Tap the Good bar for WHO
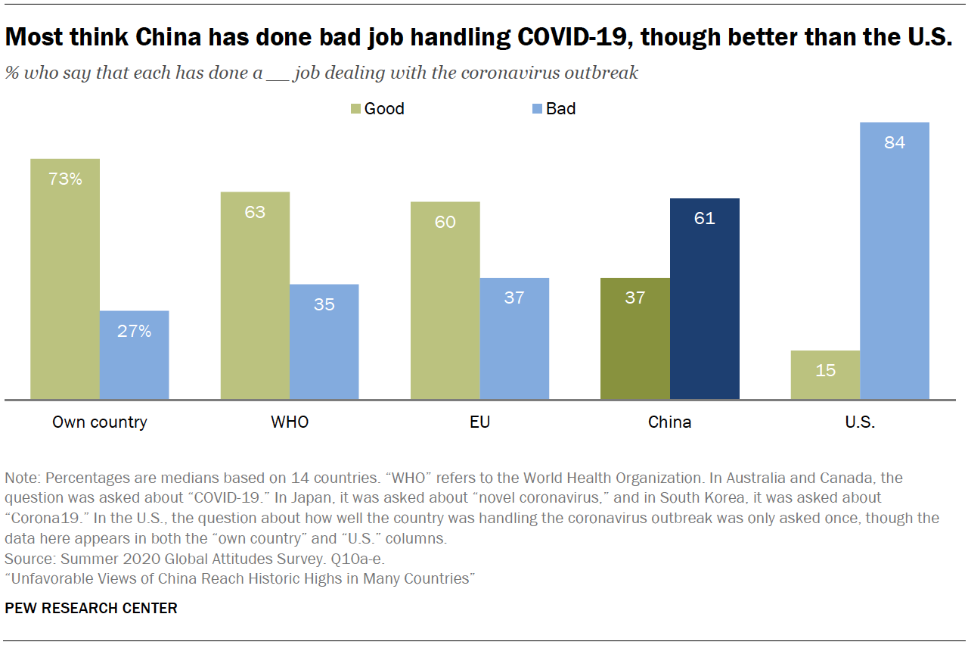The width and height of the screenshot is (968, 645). (255, 295)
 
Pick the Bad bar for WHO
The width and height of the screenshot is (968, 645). (324, 341)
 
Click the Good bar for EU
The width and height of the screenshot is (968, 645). (445, 300)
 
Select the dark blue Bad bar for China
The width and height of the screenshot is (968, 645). (704, 298)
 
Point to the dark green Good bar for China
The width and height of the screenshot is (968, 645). (635, 338)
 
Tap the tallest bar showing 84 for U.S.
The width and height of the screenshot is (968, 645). (895, 260)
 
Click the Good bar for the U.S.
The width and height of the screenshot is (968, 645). (825, 375)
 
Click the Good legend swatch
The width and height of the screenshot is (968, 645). (355, 109)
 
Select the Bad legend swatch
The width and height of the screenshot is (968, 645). (537, 109)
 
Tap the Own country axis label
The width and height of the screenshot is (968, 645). (99, 422)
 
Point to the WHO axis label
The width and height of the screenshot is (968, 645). (290, 422)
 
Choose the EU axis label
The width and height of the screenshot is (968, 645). (479, 422)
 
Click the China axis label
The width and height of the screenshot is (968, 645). (669, 422)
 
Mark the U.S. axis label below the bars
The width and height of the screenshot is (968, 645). (860, 422)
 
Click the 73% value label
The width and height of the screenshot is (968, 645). (65, 179)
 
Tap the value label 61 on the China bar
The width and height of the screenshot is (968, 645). (704, 219)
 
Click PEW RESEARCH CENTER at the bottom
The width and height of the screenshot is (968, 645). (91, 608)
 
